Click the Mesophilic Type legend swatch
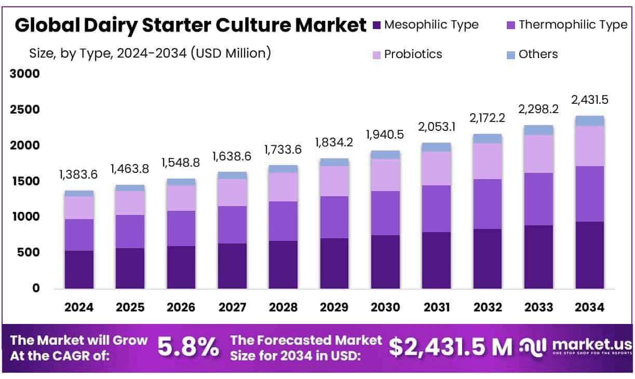click(377, 25)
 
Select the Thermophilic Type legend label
click(573, 24)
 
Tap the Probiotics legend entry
click(413, 54)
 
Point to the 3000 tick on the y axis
click(25, 74)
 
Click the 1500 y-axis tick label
click(25, 181)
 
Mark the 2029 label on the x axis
click(334, 307)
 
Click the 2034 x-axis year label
click(590, 307)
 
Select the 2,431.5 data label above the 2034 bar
click(590, 100)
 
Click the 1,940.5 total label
click(385, 134)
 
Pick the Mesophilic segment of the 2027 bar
click(232, 266)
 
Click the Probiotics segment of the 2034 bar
click(590, 146)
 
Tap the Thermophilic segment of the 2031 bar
click(437, 208)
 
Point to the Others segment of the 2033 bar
click(538, 130)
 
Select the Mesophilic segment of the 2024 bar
click(79, 269)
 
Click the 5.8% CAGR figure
click(188, 347)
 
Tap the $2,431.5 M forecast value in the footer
click(450, 347)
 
